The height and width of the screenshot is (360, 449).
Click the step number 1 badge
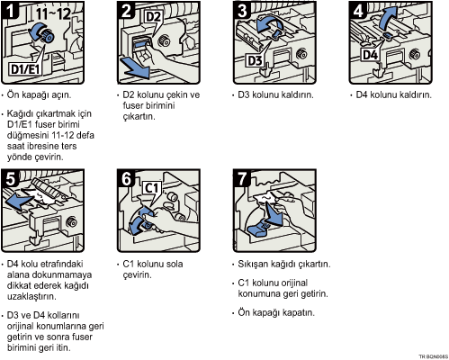click(x=10, y=10)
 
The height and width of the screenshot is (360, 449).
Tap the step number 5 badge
click(x=10, y=178)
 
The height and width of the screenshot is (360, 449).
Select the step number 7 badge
click(x=242, y=178)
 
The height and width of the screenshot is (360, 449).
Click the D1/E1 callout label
click(x=25, y=68)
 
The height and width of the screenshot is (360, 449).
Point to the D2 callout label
click(x=153, y=17)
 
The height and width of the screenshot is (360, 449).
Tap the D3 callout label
click(x=255, y=60)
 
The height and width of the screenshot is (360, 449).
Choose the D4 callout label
click(x=370, y=55)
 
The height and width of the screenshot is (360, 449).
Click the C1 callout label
click(x=151, y=188)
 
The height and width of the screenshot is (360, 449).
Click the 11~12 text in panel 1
click(x=54, y=14)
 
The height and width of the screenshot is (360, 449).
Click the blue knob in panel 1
click(x=48, y=36)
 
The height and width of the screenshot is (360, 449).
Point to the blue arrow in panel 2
click(x=135, y=67)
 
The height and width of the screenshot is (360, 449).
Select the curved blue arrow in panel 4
click(x=387, y=18)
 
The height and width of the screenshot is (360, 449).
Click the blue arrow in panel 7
click(x=274, y=215)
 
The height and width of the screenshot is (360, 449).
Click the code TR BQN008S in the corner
click(x=434, y=356)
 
